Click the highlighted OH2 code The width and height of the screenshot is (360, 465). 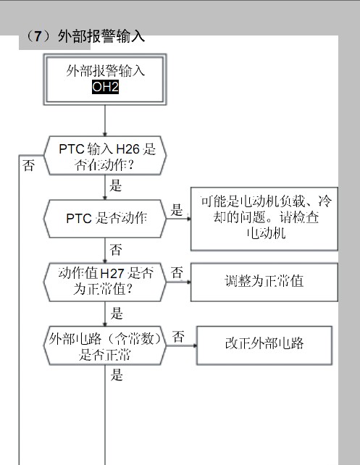[105, 87]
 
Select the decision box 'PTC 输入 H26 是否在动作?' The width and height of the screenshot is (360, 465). [105, 156]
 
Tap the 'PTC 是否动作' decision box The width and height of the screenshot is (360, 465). [105, 219]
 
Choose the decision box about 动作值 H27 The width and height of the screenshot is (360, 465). [105, 282]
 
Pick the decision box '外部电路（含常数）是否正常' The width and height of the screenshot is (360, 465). [105, 345]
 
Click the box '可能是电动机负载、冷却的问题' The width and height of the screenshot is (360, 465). [264, 219]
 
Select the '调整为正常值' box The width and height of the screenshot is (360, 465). [264, 282]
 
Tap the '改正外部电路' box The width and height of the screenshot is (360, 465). [264, 345]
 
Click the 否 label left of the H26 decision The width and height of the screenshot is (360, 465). [28, 165]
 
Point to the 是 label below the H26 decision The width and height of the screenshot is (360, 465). [116, 185]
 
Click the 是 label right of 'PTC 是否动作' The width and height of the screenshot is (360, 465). [177, 210]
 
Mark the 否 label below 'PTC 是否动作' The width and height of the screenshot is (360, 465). [116, 249]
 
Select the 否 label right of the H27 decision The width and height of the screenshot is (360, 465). [177, 272]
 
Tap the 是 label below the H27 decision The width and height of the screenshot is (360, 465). [117, 313]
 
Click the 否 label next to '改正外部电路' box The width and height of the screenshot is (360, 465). [178, 337]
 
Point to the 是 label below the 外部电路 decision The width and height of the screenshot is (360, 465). [117, 375]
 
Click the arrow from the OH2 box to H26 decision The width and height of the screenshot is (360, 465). [105, 121]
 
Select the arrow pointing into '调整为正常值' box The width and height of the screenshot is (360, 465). [178, 282]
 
